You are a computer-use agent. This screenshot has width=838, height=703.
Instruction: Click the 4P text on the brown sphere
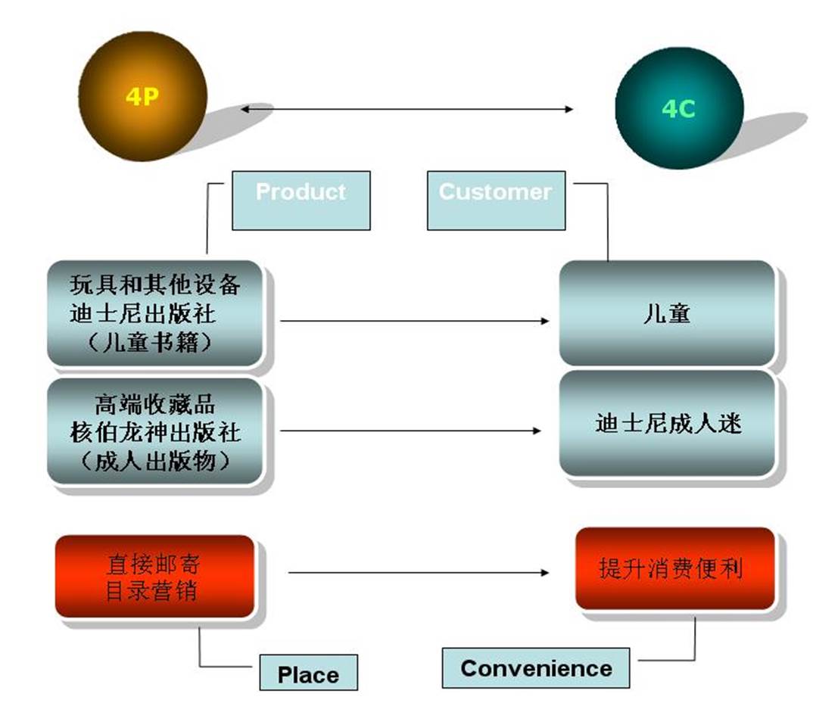142,97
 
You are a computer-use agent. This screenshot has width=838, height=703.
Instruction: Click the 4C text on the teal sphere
679,109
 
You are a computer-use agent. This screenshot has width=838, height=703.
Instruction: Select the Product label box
301,201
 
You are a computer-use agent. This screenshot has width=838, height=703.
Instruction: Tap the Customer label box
496,201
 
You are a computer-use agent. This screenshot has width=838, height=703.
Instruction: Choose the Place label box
308,673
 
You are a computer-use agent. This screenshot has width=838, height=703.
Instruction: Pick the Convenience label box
535,667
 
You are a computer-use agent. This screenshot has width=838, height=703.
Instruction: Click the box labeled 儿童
666,313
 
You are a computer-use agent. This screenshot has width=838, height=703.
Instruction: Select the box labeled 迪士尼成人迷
666,423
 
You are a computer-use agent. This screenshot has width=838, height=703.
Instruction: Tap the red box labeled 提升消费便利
674,568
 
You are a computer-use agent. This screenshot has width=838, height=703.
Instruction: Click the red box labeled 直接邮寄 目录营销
154,577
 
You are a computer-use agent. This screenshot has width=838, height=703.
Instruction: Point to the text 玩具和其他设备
155,285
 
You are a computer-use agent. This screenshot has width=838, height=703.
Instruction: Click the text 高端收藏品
155,404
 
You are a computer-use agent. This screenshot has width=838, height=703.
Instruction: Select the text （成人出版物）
155,461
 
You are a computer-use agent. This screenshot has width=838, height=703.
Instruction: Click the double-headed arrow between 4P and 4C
407,109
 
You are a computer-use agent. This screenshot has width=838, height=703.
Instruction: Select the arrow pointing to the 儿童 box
415,321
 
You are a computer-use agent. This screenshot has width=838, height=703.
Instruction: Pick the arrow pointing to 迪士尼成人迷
410,430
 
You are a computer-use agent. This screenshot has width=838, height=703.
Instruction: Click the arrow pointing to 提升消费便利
419,572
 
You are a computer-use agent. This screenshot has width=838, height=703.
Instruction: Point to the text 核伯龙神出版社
155,433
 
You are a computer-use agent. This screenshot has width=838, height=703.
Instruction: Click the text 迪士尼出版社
143,313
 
